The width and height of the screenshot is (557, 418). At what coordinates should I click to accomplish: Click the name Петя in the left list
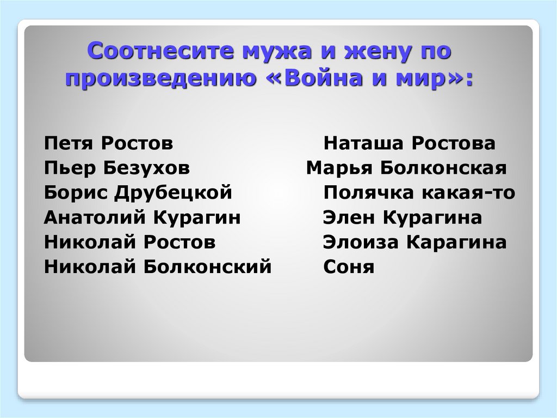coord(69,144)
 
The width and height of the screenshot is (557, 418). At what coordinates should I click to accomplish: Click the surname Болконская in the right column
coord(443,168)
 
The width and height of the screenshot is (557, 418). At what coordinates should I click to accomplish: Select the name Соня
coord(349,267)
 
